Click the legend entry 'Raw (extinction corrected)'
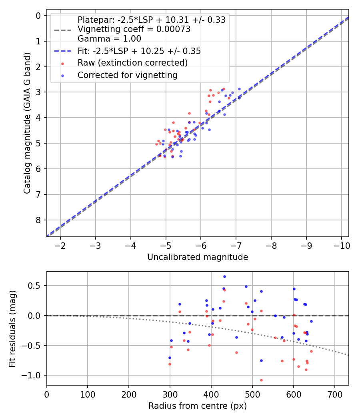[132, 63]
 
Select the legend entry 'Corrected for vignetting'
[127, 75]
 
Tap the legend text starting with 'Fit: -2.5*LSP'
[139, 51]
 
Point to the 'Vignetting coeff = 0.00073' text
[134, 29]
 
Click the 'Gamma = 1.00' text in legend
[109, 39]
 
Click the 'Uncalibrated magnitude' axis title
[198, 257]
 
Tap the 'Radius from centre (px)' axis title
[198, 406]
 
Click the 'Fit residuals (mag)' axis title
[12, 328]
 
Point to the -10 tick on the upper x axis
[341, 245]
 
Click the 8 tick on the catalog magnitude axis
[39, 220]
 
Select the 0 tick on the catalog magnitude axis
[39, 16]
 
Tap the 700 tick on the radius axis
[334, 394]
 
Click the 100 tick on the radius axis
[88, 394]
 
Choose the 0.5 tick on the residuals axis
[36, 286]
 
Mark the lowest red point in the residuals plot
[261, 380]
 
